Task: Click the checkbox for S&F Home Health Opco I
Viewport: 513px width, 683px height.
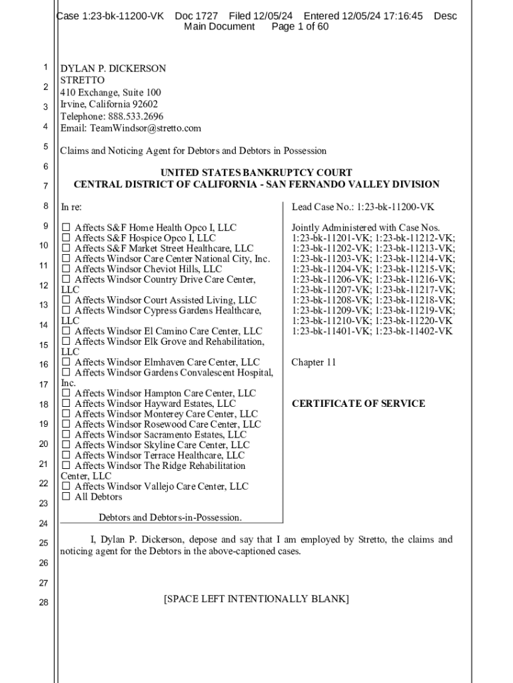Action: pyautogui.click(x=65, y=228)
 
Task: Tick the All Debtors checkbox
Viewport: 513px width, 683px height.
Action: pyautogui.click(x=65, y=497)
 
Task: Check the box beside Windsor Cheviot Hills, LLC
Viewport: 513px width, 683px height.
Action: pyautogui.click(x=65, y=269)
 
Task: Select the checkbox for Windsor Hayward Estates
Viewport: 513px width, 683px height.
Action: pyautogui.click(x=65, y=404)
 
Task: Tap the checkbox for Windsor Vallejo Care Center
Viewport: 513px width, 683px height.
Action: pyautogui.click(x=65, y=487)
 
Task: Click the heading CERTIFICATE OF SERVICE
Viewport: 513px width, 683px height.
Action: pyautogui.click(x=358, y=404)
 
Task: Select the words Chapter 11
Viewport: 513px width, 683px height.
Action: pyautogui.click(x=314, y=362)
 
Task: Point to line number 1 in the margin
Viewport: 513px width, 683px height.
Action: pyautogui.click(x=45, y=67)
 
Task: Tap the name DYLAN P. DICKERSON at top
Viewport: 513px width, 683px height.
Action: pyautogui.click(x=113, y=69)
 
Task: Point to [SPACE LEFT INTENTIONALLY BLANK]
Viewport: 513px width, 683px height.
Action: pyautogui.click(x=256, y=599)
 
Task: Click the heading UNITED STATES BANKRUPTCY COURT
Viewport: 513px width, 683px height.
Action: pyautogui.click(x=256, y=173)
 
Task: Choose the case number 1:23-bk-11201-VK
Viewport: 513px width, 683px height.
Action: pyautogui.click(x=331, y=238)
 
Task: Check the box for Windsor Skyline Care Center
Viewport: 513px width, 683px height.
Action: pyautogui.click(x=65, y=445)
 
